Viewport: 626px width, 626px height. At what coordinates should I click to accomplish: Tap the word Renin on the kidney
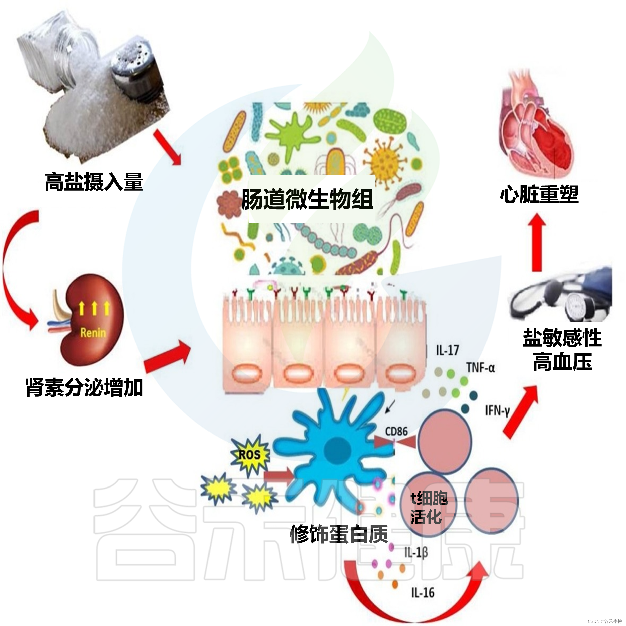(x=93, y=332)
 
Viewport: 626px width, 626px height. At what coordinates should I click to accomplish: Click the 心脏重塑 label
(x=539, y=195)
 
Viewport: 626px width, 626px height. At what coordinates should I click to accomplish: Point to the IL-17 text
(x=447, y=350)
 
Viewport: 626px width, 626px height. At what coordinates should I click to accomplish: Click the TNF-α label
(x=480, y=368)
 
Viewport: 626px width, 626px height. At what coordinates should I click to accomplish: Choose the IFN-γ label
(x=497, y=411)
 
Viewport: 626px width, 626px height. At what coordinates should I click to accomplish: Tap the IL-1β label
(x=416, y=552)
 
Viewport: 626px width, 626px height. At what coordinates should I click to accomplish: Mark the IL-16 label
(x=423, y=593)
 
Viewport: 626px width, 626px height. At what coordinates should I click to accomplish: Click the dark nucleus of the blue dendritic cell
(x=337, y=449)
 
